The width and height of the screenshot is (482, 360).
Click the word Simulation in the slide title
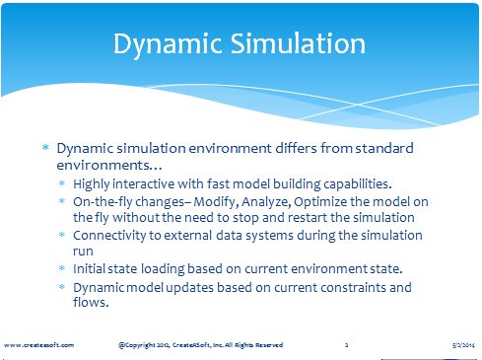(298, 43)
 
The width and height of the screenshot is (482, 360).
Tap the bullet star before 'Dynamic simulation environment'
(45, 147)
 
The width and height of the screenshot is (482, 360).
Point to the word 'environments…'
(109, 165)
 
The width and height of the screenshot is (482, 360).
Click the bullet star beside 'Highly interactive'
(62, 183)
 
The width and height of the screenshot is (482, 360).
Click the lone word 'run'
(83, 252)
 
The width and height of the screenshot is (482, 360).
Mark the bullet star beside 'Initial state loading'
(62, 268)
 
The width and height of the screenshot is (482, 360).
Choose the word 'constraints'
(353, 287)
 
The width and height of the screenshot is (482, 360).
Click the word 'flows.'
(91, 302)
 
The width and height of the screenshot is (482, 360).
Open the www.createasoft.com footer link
(38, 345)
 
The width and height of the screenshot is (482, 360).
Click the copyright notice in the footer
(200, 345)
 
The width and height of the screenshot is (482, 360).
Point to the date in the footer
(463, 345)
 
